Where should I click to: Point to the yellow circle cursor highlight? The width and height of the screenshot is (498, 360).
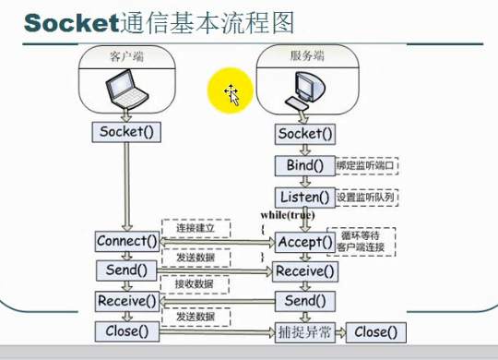[x=231, y=92]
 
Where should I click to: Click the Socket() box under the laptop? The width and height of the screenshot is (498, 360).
[x=127, y=132]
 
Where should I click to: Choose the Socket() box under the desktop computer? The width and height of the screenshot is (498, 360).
[x=304, y=135]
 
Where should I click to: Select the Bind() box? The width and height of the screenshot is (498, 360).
[x=304, y=166]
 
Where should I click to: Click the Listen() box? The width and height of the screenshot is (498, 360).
[x=304, y=197]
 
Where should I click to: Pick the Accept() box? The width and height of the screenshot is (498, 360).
[x=304, y=242]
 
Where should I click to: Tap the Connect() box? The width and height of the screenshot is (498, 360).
[x=127, y=242]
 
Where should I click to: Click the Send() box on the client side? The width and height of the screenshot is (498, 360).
[x=127, y=270]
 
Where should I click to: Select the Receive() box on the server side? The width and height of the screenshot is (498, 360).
[x=304, y=271]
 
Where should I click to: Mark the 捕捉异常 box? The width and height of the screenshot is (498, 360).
[x=304, y=331]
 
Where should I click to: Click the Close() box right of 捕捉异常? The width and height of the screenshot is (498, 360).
[x=376, y=331]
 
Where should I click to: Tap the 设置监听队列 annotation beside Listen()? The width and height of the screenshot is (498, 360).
[x=365, y=198]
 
